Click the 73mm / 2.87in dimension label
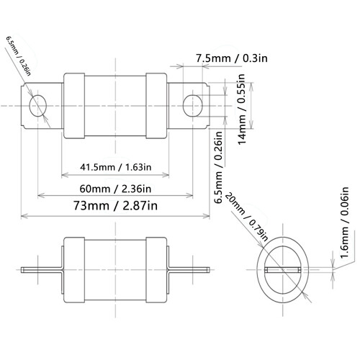(x=115, y=206)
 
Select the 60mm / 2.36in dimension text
(x=115, y=189)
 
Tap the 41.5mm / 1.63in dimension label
(x=116, y=167)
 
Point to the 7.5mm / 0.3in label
(x=232, y=58)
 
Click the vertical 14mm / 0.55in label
(x=242, y=109)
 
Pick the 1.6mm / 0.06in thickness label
(x=344, y=222)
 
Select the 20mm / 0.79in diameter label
(x=247, y=217)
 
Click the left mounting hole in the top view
(x=37, y=106)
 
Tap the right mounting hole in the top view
(x=193, y=106)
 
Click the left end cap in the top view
(x=74, y=106)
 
